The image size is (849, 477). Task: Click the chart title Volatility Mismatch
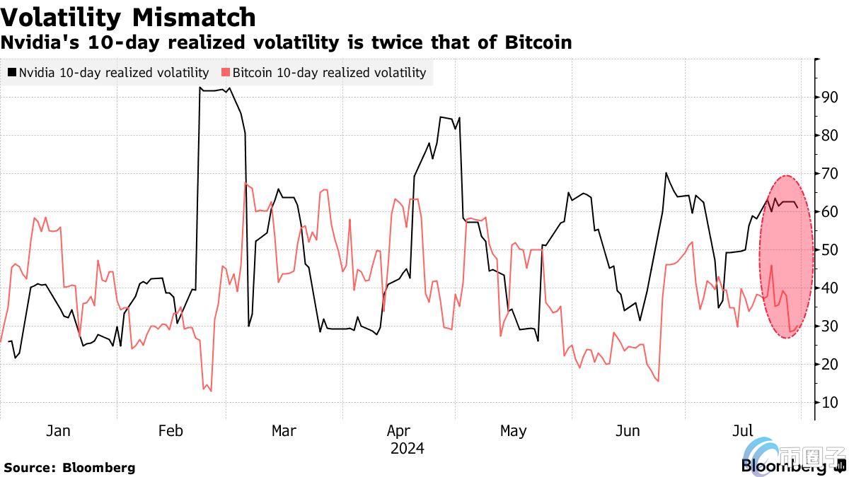128,17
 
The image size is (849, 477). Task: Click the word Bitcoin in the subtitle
538,43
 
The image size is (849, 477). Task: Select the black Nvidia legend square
12,72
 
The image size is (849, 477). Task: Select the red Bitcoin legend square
226,72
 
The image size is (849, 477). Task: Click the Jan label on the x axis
58,430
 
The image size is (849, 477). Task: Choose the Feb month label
171,430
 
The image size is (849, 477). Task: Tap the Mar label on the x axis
284,430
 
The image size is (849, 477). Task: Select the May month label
513,430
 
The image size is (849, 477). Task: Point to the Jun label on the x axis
628,430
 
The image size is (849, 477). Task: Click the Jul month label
742,430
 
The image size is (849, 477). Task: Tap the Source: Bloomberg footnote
69,467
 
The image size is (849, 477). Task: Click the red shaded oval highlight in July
786,257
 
